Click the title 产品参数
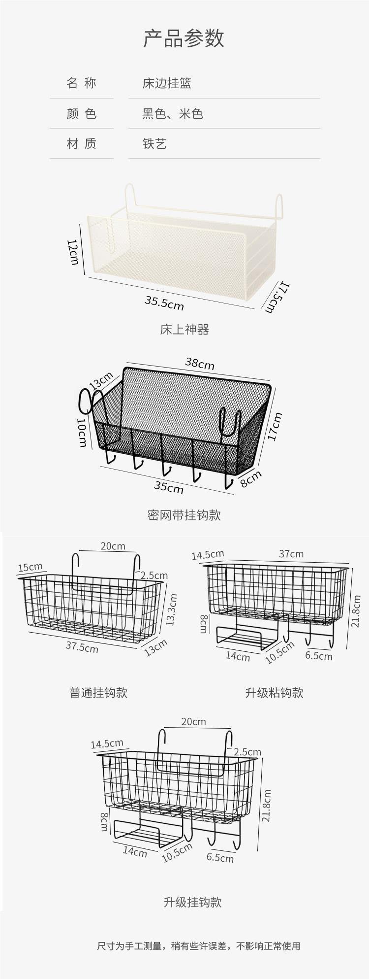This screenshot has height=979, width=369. pyautogui.click(x=184, y=38)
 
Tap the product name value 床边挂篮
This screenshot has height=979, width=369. pyautogui.click(x=166, y=83)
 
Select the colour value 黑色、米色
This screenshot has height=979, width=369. pyautogui.click(x=173, y=114)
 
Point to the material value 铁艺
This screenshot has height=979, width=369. pyautogui.click(x=154, y=144)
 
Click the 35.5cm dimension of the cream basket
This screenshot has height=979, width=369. pyautogui.click(x=164, y=303)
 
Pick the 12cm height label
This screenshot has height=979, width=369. pyautogui.click(x=73, y=252)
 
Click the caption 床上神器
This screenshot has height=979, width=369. pyautogui.click(x=184, y=330)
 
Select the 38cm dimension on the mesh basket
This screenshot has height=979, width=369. pyautogui.click(x=200, y=363)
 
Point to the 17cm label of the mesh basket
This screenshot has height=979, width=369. pyautogui.click(x=275, y=427)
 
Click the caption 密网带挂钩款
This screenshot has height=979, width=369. pyautogui.click(x=184, y=515)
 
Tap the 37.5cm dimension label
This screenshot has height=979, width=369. pyautogui.click(x=82, y=647)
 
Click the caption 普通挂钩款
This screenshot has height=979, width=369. pyautogui.click(x=98, y=693)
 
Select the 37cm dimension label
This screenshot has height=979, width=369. pyautogui.click(x=291, y=554)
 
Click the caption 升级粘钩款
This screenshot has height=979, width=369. pyautogui.click(x=274, y=693)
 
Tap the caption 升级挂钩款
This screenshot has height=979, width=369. pyautogui.click(x=192, y=902)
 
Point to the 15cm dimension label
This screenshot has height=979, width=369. pyautogui.click(x=30, y=568)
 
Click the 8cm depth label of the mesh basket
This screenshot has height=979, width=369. pyautogui.click(x=251, y=478)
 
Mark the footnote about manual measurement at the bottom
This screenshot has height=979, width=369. pyautogui.click(x=198, y=946)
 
